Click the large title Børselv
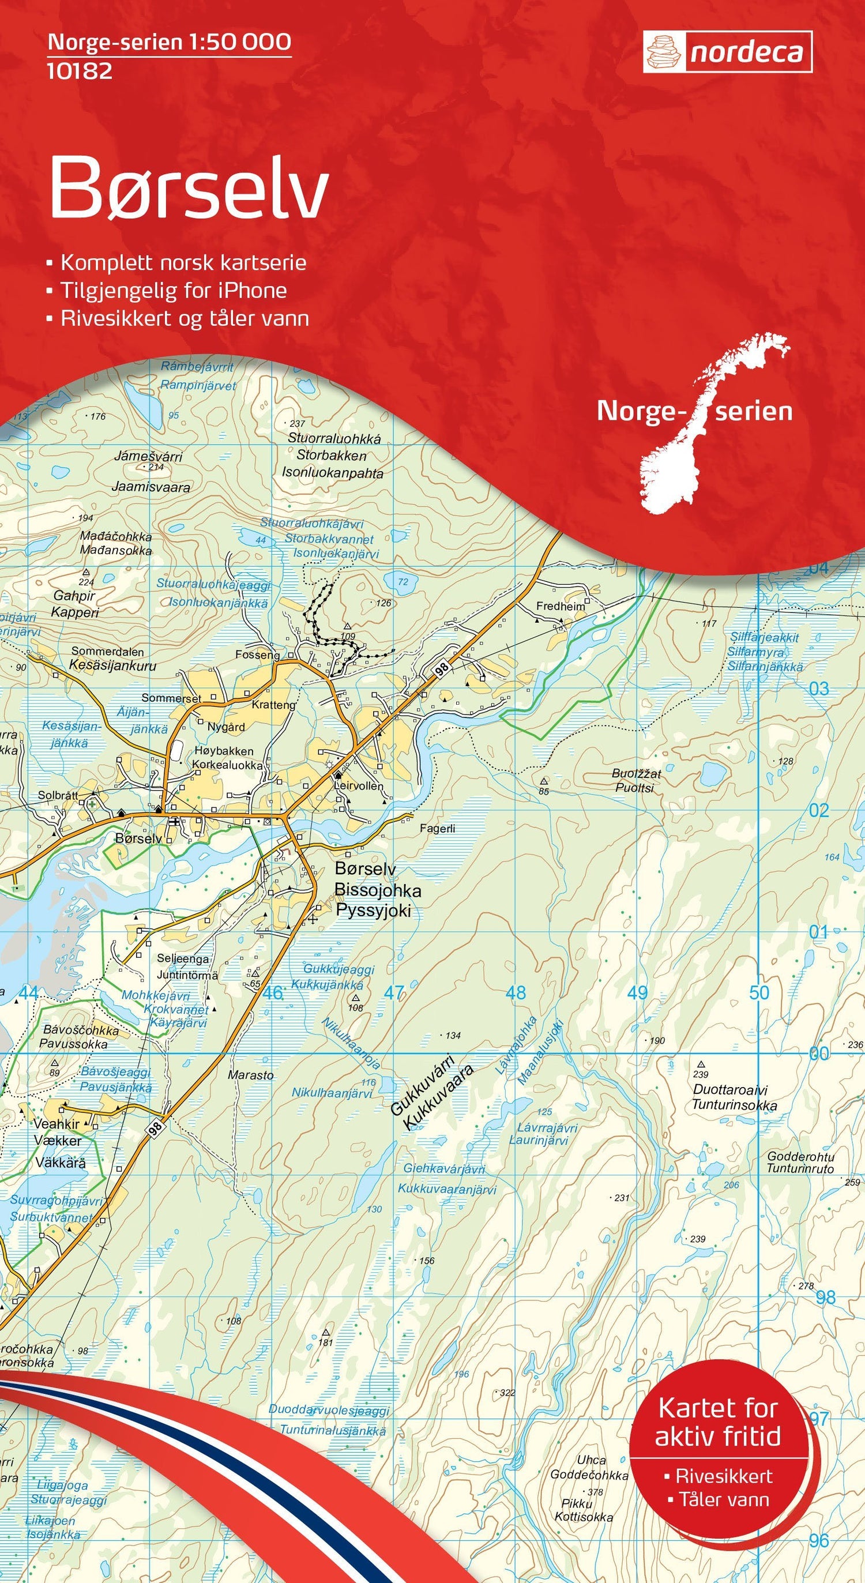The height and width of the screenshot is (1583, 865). [189, 187]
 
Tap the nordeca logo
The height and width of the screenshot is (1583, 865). [727, 53]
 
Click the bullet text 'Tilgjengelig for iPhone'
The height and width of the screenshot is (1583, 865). [173, 290]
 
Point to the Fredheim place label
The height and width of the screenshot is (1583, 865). [561, 606]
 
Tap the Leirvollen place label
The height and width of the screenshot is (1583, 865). [359, 786]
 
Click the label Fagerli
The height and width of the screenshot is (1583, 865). [438, 828]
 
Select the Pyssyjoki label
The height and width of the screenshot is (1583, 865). [373, 910]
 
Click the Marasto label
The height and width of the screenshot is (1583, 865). [251, 1075]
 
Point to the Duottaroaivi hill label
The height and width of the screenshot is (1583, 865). [730, 1090]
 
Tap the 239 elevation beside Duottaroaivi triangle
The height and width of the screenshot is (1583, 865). [700, 1074]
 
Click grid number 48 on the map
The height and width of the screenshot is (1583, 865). [516, 992]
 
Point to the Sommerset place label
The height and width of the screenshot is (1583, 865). [171, 698]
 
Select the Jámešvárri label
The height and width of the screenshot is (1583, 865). [148, 457]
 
